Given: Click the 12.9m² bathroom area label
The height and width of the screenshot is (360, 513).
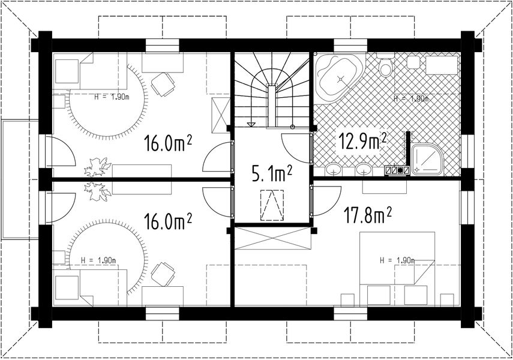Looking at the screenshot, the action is point(362,142).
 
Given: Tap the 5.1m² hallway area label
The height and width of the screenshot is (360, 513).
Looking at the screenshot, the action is point(272,173).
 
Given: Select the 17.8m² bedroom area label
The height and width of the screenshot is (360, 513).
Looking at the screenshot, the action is point(367,215).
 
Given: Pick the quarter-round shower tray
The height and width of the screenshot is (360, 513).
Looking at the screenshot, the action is point(427,160).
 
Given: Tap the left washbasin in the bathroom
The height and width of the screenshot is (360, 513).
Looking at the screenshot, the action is point(334,169).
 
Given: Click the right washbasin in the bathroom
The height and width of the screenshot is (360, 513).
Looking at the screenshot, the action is point(364,169).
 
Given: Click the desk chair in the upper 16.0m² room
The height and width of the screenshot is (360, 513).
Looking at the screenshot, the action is point(163,84).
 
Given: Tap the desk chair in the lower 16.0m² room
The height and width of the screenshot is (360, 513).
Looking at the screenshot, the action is point(163,274).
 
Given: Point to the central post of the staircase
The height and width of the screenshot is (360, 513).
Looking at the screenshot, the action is point(272,106).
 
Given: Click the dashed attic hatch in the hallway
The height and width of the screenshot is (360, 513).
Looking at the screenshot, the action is point(272,205).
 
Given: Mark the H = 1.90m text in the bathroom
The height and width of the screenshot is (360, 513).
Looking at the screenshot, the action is point(411,98).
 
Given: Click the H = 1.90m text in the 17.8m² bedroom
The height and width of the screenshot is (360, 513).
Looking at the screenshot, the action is point(397,260).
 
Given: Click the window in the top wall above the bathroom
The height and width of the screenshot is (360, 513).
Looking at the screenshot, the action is point(350,46).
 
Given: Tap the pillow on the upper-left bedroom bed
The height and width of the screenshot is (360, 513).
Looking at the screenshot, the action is point(67,71).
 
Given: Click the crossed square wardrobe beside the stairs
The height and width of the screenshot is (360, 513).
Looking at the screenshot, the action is point(221,115).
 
